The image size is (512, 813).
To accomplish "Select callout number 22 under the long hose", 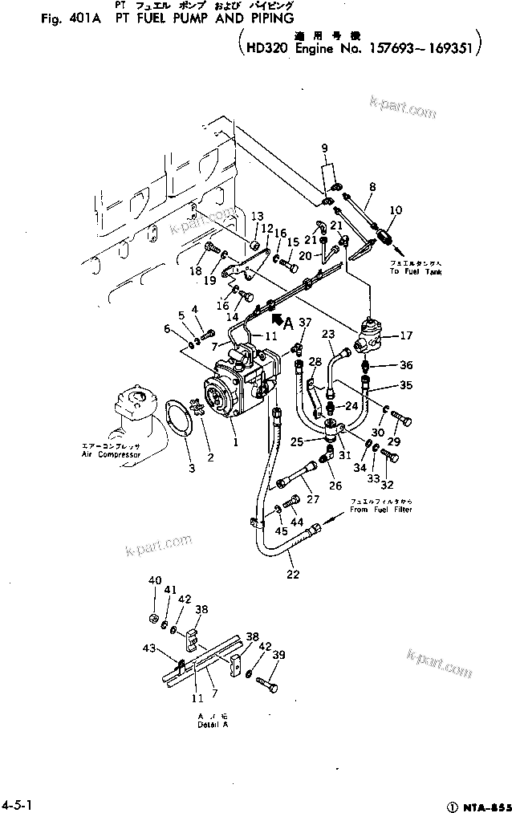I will (293, 574).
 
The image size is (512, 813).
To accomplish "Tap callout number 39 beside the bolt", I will (278, 656).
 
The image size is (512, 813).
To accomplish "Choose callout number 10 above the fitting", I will (394, 209).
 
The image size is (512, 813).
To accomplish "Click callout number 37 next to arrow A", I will (304, 323).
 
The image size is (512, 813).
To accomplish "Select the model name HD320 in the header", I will (267, 48).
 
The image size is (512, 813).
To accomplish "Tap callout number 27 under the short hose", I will (311, 500).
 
